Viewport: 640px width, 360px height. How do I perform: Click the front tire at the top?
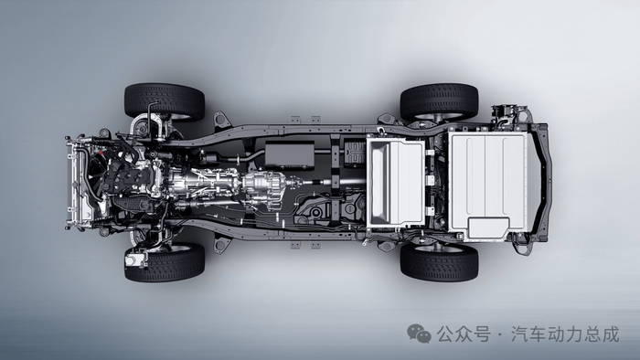tap(165, 102)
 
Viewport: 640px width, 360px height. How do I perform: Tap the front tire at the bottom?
tap(165, 263)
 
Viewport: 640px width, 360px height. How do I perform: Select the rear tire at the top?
tap(439, 102)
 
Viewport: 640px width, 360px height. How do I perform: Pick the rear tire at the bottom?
tap(439, 263)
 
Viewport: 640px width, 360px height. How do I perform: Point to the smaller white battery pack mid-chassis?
tap(396, 182)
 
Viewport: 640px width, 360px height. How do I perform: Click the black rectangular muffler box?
tap(290, 155)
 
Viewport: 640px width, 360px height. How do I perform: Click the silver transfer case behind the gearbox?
tap(264, 188)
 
